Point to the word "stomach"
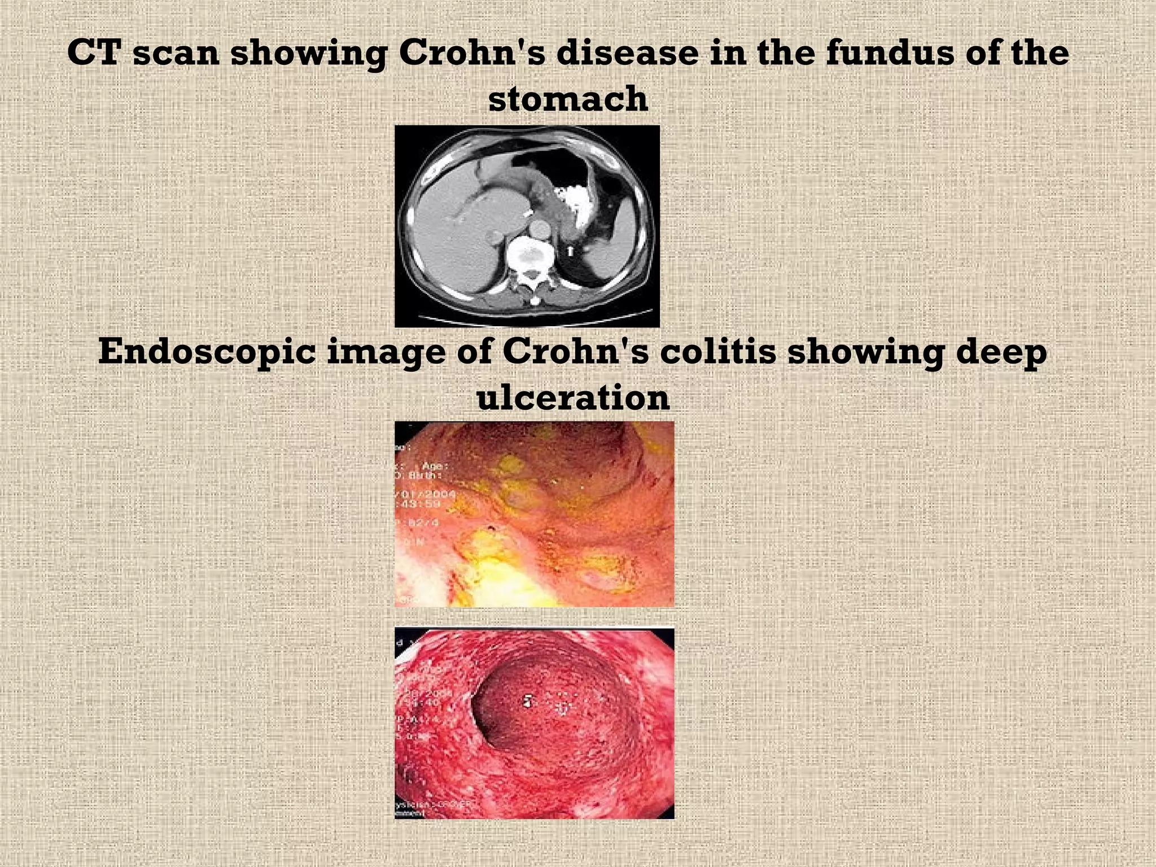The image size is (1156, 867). coord(568,99)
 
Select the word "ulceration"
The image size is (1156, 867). coord(573,398)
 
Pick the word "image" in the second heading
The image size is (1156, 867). coord(383,353)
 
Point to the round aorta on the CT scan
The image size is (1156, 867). coord(540,229)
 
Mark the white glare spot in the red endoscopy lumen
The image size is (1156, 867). coord(527,702)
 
